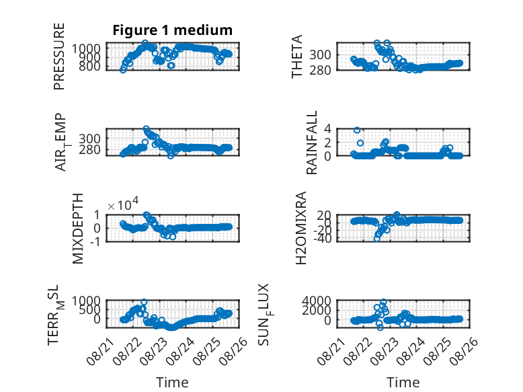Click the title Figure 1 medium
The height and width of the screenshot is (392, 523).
pos(173,30)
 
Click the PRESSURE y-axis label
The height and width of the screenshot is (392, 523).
pos(58,56)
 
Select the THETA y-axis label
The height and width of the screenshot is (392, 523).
pos(296,56)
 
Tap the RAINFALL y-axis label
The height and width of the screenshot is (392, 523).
pos(311,143)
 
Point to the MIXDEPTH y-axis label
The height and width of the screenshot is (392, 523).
pos(77,229)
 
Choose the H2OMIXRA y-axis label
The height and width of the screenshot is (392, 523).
pos(301,228)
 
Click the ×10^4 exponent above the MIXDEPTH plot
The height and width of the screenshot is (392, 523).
pos(123,204)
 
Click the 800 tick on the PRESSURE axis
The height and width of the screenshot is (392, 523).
pos(89,66)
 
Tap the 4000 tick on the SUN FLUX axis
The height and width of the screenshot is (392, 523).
pos(316,301)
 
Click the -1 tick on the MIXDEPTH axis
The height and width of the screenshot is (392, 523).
pos(95,241)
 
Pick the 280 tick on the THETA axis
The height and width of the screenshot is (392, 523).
pos(320,70)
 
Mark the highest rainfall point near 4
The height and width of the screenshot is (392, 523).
pos(357,130)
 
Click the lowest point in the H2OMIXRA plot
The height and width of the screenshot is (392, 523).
pos(377,239)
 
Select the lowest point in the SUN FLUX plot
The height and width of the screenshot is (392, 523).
pos(380,327)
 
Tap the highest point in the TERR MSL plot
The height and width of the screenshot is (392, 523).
pos(144,302)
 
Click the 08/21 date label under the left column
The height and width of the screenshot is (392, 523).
pos(100,351)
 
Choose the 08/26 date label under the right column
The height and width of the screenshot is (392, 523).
pos(464,351)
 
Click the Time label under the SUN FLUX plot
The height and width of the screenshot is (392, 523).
pos(403,383)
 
